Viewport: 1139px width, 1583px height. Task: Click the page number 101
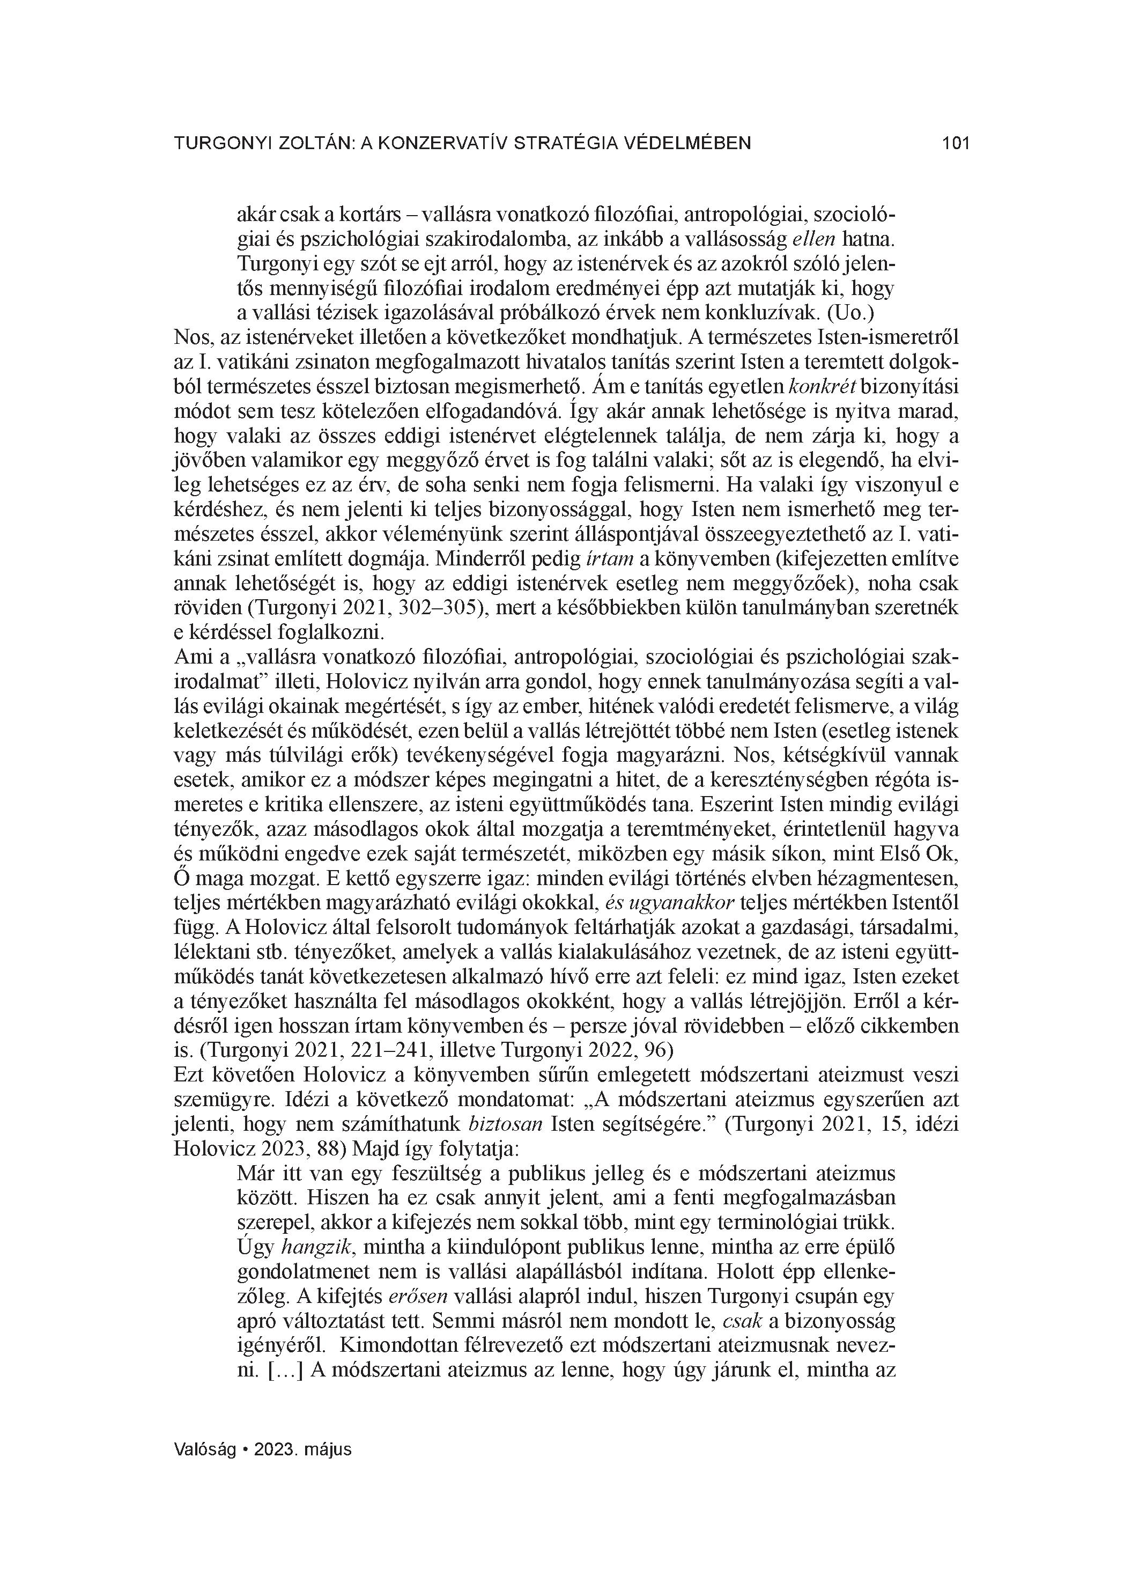point(956,144)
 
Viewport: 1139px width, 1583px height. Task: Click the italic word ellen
point(815,239)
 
